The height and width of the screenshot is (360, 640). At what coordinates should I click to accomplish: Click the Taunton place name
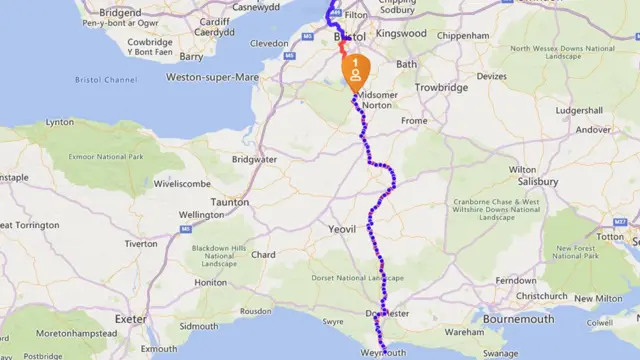click(229, 201)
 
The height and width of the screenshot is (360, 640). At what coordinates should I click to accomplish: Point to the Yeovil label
click(342, 229)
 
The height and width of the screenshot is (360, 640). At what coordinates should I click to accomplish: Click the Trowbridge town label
click(443, 88)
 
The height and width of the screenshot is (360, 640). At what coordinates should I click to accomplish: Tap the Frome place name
click(412, 121)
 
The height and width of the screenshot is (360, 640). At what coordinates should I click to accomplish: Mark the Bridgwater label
click(254, 159)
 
